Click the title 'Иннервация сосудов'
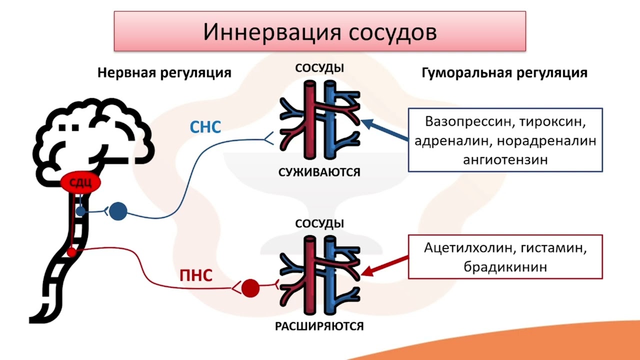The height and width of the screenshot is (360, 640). click(320, 31)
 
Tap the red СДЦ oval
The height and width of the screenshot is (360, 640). click(80, 182)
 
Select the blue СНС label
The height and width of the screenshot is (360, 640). click(205, 127)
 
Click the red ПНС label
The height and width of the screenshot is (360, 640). click(196, 275)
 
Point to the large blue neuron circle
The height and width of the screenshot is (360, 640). click(118, 211)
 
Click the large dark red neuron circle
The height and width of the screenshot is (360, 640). click(250, 288)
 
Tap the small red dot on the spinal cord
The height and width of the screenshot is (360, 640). click(71, 252)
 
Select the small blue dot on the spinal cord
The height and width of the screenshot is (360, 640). click(80, 211)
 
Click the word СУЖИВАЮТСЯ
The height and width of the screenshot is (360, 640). click(319, 172)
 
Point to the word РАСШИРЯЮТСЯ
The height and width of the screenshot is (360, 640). click(319, 326)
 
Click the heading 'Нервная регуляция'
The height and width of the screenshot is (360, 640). click(164, 73)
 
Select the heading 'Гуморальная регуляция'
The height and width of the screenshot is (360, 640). click(504, 73)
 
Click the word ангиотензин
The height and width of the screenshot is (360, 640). click(505, 159)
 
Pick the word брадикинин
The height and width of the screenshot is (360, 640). click(505, 267)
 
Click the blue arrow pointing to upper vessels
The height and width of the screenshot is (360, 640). click(384, 130)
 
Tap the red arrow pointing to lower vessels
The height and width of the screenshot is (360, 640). click(384, 266)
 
